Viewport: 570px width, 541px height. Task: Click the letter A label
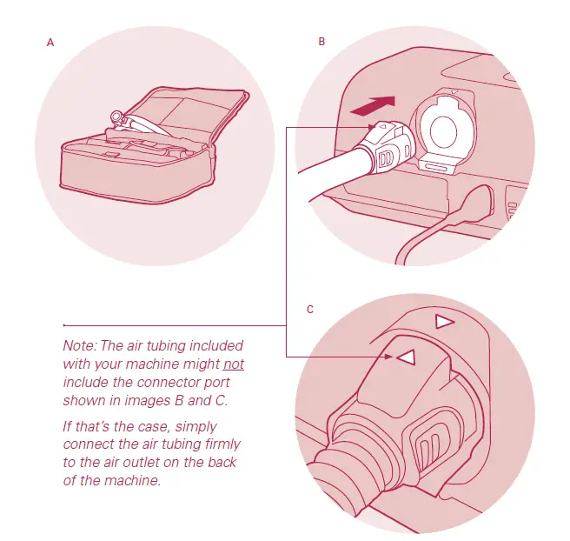(50, 42)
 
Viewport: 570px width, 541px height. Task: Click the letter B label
(321, 42)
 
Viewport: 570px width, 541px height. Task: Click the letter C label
(311, 310)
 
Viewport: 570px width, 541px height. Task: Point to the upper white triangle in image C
(445, 323)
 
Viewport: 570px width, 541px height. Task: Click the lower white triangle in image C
(404, 357)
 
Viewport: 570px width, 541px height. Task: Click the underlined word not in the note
(233, 364)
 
